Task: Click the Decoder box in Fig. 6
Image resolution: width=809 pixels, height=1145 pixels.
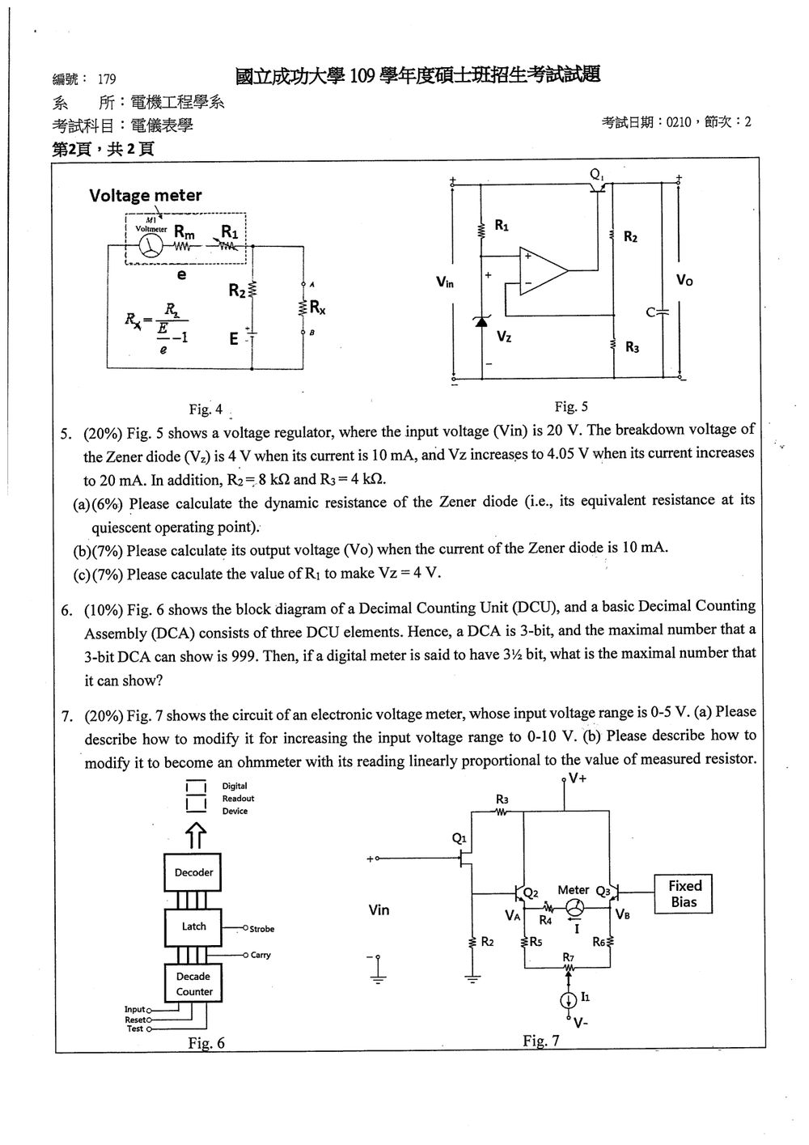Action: [x=193, y=872]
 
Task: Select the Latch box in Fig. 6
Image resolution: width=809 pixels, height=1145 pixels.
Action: [x=193, y=927]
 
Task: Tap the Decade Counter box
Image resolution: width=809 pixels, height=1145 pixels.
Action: [x=193, y=982]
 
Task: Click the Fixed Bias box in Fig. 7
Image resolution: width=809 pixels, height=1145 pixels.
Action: [x=684, y=893]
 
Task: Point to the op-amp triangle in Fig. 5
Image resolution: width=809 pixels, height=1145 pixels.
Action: [x=542, y=271]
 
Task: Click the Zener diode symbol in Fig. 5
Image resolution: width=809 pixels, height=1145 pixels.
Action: [x=481, y=321]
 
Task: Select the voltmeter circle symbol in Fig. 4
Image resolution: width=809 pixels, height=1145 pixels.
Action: [x=151, y=246]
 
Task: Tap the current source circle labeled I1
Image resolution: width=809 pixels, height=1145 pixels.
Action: [x=568, y=999]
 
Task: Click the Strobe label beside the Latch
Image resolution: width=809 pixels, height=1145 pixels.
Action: [x=261, y=929]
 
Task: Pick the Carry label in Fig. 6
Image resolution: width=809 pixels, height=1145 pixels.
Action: [x=260, y=954]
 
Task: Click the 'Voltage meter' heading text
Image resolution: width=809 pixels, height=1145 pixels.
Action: [x=145, y=195]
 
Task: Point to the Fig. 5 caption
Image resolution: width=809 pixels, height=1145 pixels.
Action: [x=571, y=406]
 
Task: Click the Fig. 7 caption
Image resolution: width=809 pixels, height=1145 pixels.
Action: [x=540, y=1041]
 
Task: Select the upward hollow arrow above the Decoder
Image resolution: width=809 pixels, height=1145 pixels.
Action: [x=196, y=835]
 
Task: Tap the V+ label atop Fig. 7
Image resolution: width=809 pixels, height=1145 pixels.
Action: [x=578, y=778]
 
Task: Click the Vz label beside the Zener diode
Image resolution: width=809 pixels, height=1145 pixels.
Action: [x=504, y=337]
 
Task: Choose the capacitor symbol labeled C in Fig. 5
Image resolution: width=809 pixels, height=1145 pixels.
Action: [x=663, y=312]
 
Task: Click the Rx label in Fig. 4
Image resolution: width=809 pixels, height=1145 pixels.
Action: [x=317, y=307]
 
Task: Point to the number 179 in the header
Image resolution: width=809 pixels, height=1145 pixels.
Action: [x=107, y=78]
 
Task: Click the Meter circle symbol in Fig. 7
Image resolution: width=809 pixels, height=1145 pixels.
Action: [x=575, y=909]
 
